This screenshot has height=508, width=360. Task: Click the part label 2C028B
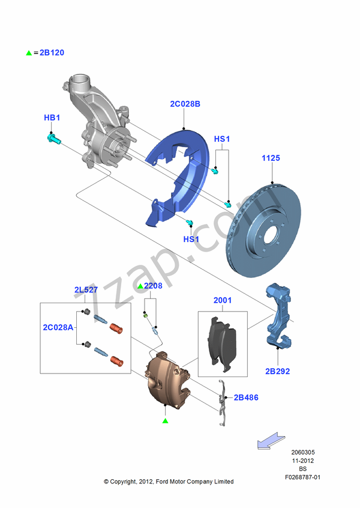click(x=185, y=104)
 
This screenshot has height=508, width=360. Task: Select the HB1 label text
click(x=52, y=118)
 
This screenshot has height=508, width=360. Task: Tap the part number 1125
click(x=271, y=159)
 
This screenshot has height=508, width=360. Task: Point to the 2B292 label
click(x=277, y=371)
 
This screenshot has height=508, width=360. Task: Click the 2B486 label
click(x=246, y=397)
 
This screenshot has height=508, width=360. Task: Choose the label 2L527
click(x=86, y=290)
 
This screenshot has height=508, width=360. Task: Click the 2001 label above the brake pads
click(x=223, y=300)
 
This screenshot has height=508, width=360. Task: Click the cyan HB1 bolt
click(x=52, y=139)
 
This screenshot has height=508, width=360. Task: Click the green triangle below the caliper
click(x=165, y=421)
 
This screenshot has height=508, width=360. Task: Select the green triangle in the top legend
click(x=28, y=53)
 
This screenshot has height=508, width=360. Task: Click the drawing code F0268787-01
click(x=303, y=477)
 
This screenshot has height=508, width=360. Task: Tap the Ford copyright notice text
click(x=169, y=482)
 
